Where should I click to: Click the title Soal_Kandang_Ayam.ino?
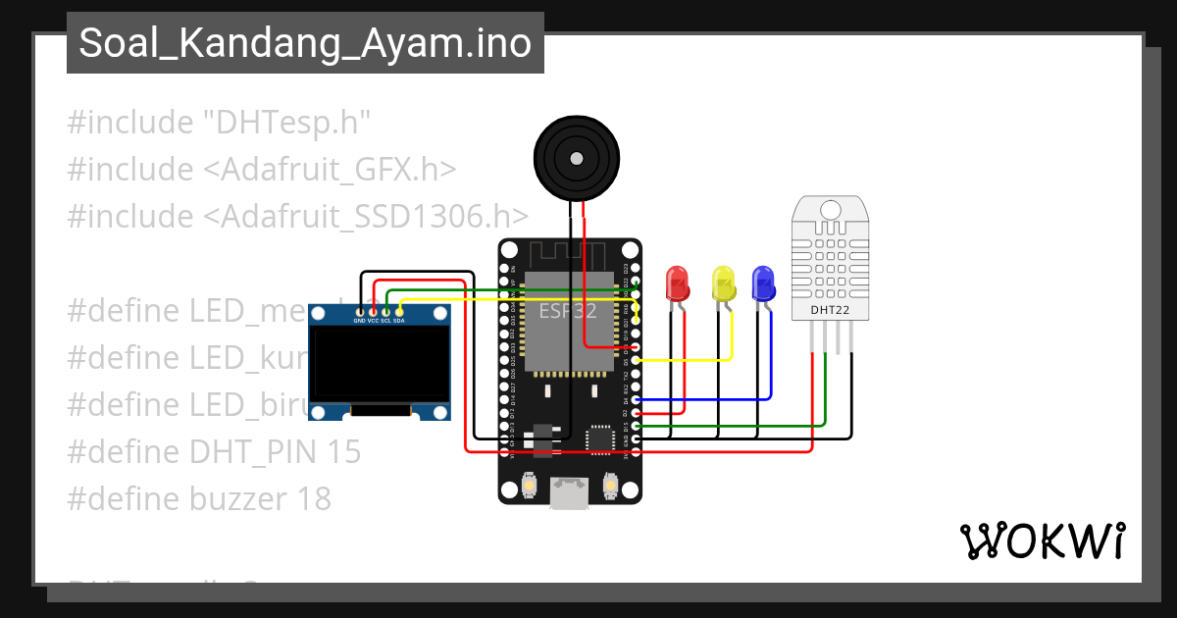click(x=305, y=43)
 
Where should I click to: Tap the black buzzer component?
click(x=577, y=156)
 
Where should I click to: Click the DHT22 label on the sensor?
click(x=830, y=311)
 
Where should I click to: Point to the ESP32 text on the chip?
click(x=568, y=311)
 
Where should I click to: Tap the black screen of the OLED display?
click(x=380, y=364)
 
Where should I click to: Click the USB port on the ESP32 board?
click(x=569, y=493)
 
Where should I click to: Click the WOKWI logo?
click(x=1042, y=541)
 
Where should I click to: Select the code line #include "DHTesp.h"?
click(x=219, y=123)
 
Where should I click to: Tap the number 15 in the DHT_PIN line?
click(x=342, y=452)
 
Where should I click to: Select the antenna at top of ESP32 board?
click(x=569, y=254)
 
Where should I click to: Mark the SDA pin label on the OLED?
click(x=399, y=320)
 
